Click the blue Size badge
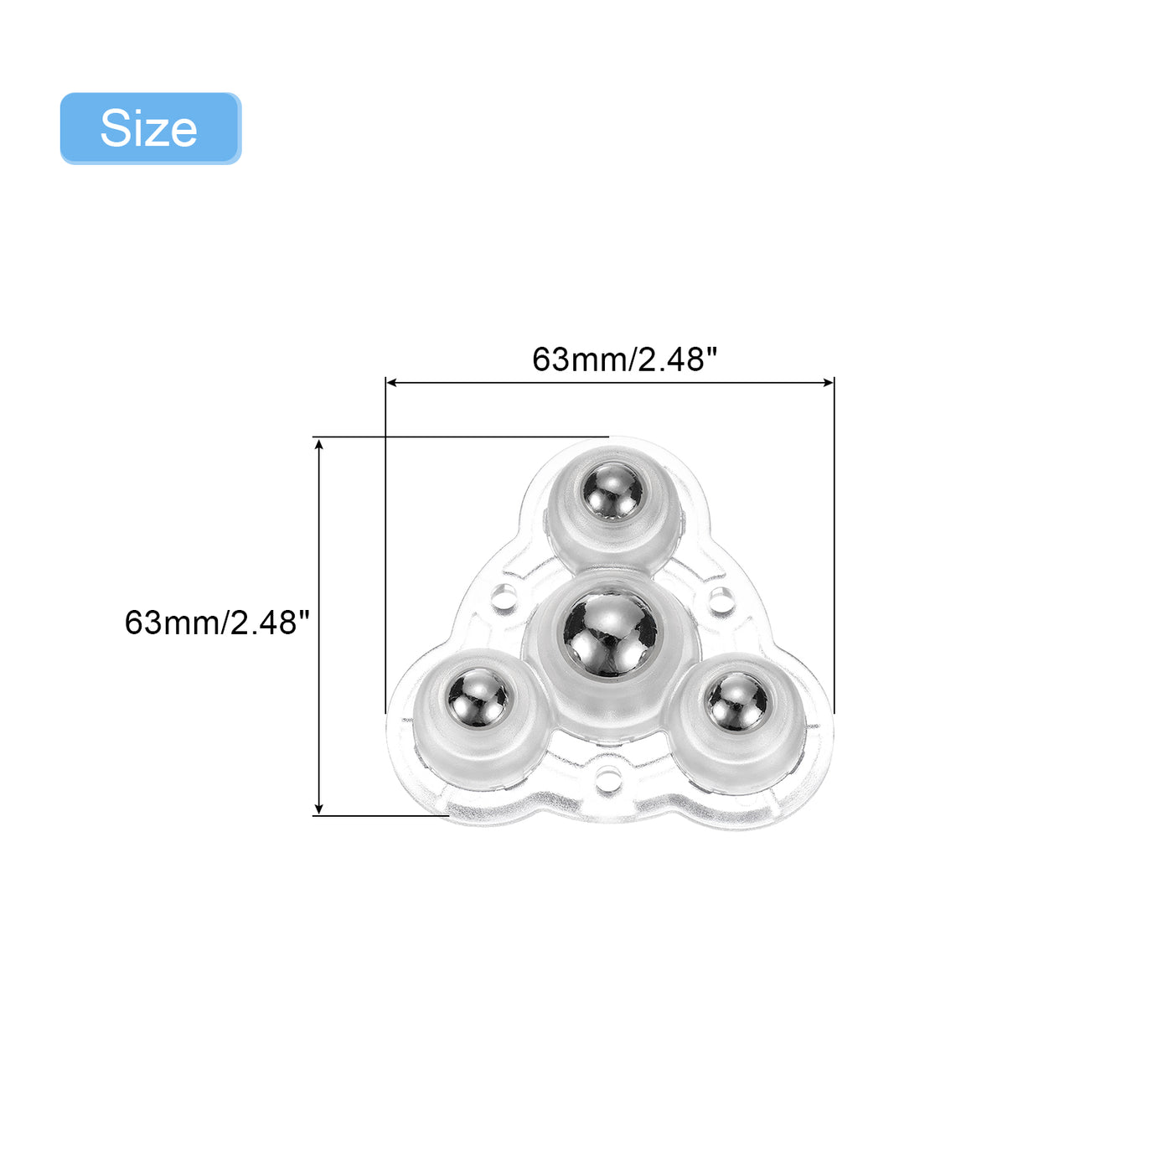click(x=150, y=128)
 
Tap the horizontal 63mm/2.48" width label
click(x=624, y=359)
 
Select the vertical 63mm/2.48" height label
click(x=217, y=623)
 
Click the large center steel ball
click(x=611, y=634)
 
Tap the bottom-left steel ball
click(x=478, y=698)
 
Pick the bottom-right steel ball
click(x=736, y=701)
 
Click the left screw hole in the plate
click(x=504, y=593)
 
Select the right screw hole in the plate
click(x=719, y=597)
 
